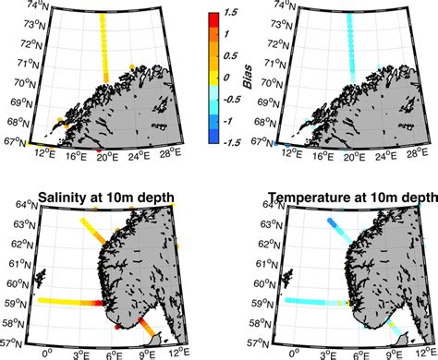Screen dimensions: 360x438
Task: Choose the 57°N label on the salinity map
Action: pyautogui.click(x=13, y=342)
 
